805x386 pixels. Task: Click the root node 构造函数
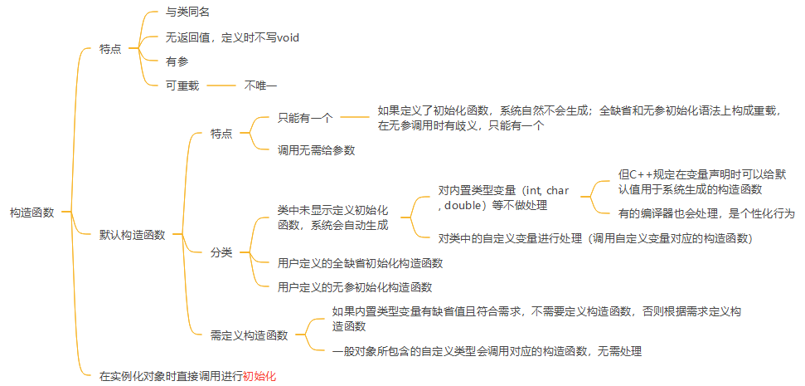tap(32, 213)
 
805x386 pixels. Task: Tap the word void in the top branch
tap(287, 37)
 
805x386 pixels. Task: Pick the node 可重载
tap(182, 85)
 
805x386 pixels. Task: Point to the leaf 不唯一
tap(260, 85)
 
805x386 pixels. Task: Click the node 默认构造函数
tap(133, 234)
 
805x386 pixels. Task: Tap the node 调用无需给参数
tap(317, 150)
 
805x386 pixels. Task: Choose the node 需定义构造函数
tap(249, 335)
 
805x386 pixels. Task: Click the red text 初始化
tap(259, 375)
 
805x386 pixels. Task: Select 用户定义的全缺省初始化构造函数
tap(361, 263)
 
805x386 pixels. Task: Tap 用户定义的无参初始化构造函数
tap(355, 287)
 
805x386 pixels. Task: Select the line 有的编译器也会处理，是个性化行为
tap(706, 213)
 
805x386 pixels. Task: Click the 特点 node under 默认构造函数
tap(221, 134)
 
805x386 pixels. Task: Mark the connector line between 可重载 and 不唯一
tap(221, 85)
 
